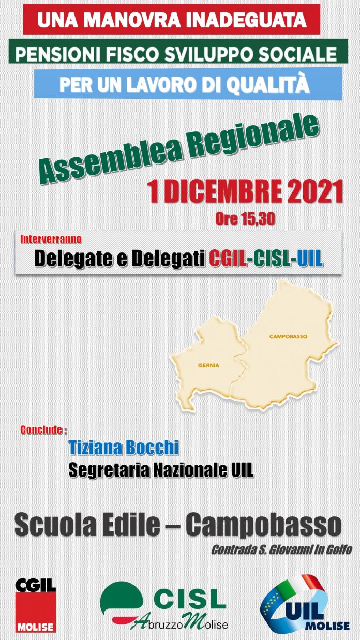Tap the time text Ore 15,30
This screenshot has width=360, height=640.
[245, 219]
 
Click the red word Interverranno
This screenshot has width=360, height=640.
[51, 239]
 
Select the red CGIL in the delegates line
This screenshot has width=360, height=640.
[228, 259]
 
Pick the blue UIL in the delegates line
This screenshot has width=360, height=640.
[310, 259]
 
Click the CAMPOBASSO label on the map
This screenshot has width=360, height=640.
[288, 337]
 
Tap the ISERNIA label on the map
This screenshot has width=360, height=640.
[208, 365]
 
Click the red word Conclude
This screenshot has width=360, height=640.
[41, 430]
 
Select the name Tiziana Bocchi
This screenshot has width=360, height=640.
[124, 448]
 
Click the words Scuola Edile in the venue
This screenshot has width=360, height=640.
[87, 526]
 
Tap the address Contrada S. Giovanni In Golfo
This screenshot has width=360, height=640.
[281, 549]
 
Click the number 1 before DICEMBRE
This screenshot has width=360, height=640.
[154, 192]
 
